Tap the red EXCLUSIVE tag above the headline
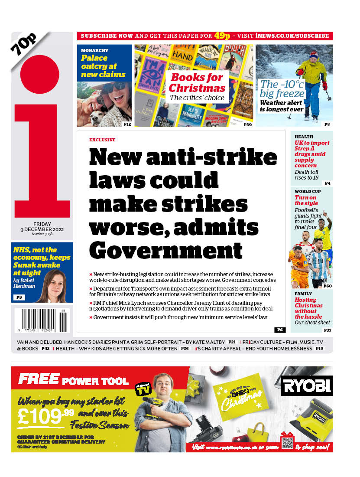click(102, 140)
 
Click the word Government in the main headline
click(165, 250)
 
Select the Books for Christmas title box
click(197, 87)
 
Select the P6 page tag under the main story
click(279, 330)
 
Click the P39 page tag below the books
click(247, 124)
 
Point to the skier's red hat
click(314, 56)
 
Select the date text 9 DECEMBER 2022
click(42, 229)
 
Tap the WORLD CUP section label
click(308, 191)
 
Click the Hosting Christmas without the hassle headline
click(308, 308)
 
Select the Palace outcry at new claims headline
click(103, 66)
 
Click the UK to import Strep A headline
click(311, 154)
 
